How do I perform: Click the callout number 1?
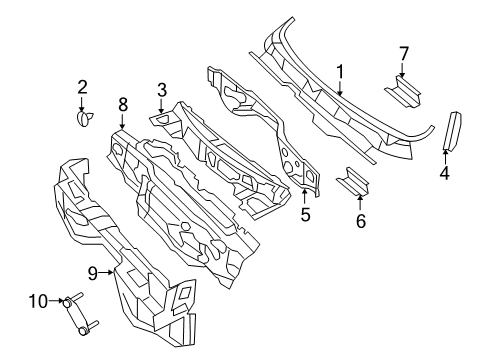[340, 72]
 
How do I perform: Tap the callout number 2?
[83, 87]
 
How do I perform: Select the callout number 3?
[161, 91]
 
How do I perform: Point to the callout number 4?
[444, 172]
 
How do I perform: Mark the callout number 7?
[404, 52]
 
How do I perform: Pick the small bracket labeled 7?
[404, 94]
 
